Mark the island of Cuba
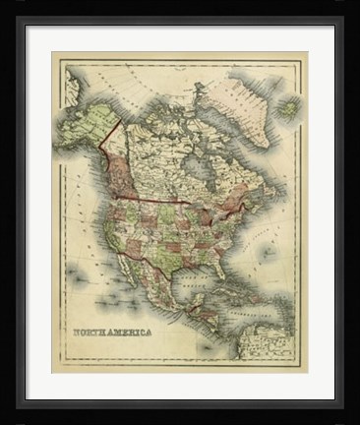coord(231,280)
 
